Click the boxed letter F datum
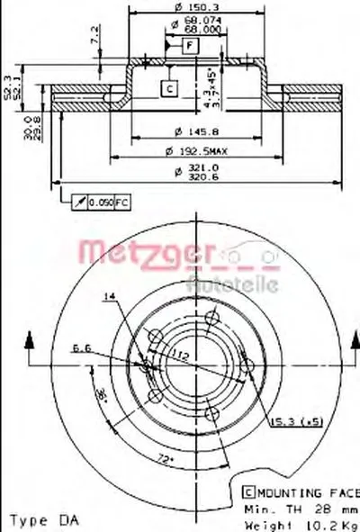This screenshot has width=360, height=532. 190,43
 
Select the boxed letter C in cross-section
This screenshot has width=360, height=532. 167,87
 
